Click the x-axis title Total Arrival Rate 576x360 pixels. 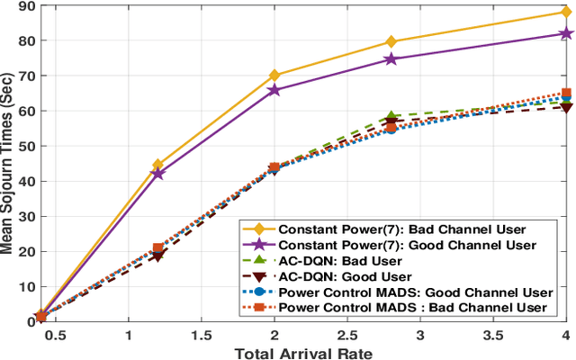pos(303,352)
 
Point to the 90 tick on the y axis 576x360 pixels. pos(20,6)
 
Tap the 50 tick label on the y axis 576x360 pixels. pos(20,147)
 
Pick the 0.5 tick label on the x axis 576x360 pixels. pos(55,335)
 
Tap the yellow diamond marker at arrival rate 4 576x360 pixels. pos(566,13)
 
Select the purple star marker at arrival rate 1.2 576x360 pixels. pos(157,173)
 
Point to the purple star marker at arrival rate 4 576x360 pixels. pos(566,33)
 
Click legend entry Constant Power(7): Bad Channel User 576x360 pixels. pos(396,229)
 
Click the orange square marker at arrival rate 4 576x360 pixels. pos(566,93)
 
